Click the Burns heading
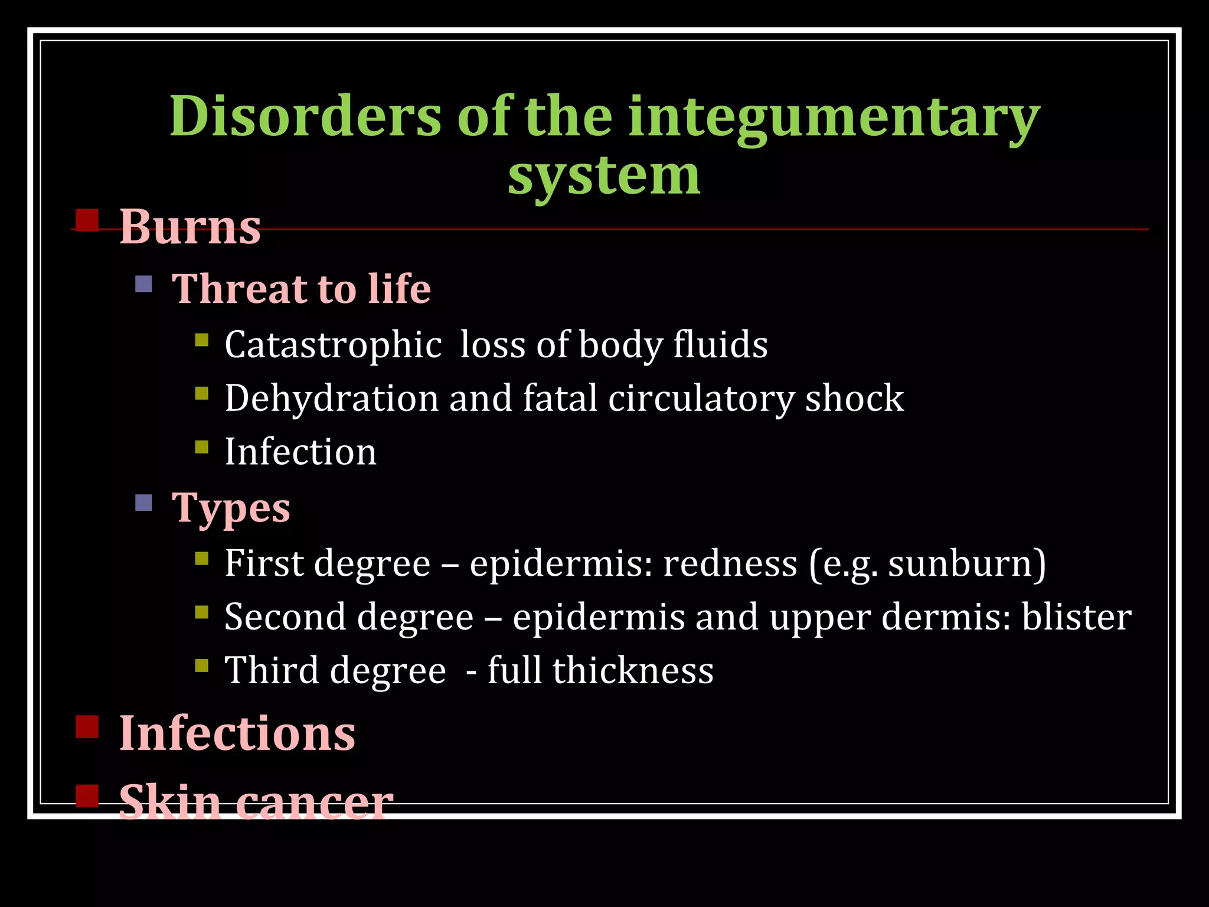(x=190, y=227)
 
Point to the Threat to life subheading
(x=301, y=289)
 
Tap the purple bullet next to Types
(x=143, y=503)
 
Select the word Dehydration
(x=332, y=398)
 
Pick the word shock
(x=854, y=398)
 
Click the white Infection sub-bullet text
(x=300, y=452)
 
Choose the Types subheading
(x=231, y=508)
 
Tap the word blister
(x=1076, y=617)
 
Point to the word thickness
(x=633, y=671)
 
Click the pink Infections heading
(x=237, y=733)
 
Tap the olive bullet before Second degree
(x=202, y=612)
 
